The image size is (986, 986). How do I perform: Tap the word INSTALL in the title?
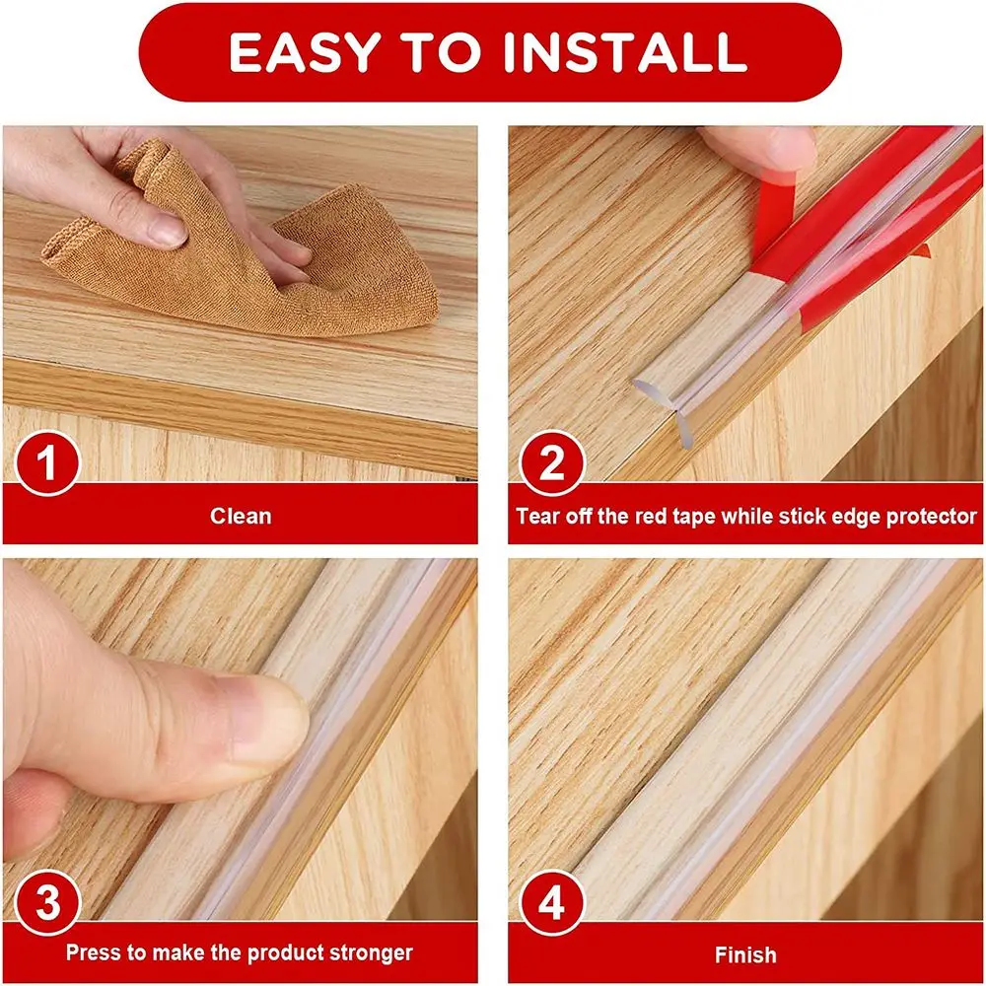click(625, 52)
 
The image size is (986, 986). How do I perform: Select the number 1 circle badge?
click(46, 462)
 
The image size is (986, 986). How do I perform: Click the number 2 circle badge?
click(551, 462)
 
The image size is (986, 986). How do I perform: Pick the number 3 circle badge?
click(46, 902)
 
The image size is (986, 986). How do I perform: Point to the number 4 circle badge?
click(551, 902)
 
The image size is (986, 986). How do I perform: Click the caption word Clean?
click(241, 516)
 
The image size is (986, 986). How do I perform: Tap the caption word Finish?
click(745, 954)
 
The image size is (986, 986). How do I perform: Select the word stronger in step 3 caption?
click(373, 953)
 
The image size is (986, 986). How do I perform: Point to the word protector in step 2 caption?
click(930, 516)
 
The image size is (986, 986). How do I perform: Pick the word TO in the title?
click(447, 52)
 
